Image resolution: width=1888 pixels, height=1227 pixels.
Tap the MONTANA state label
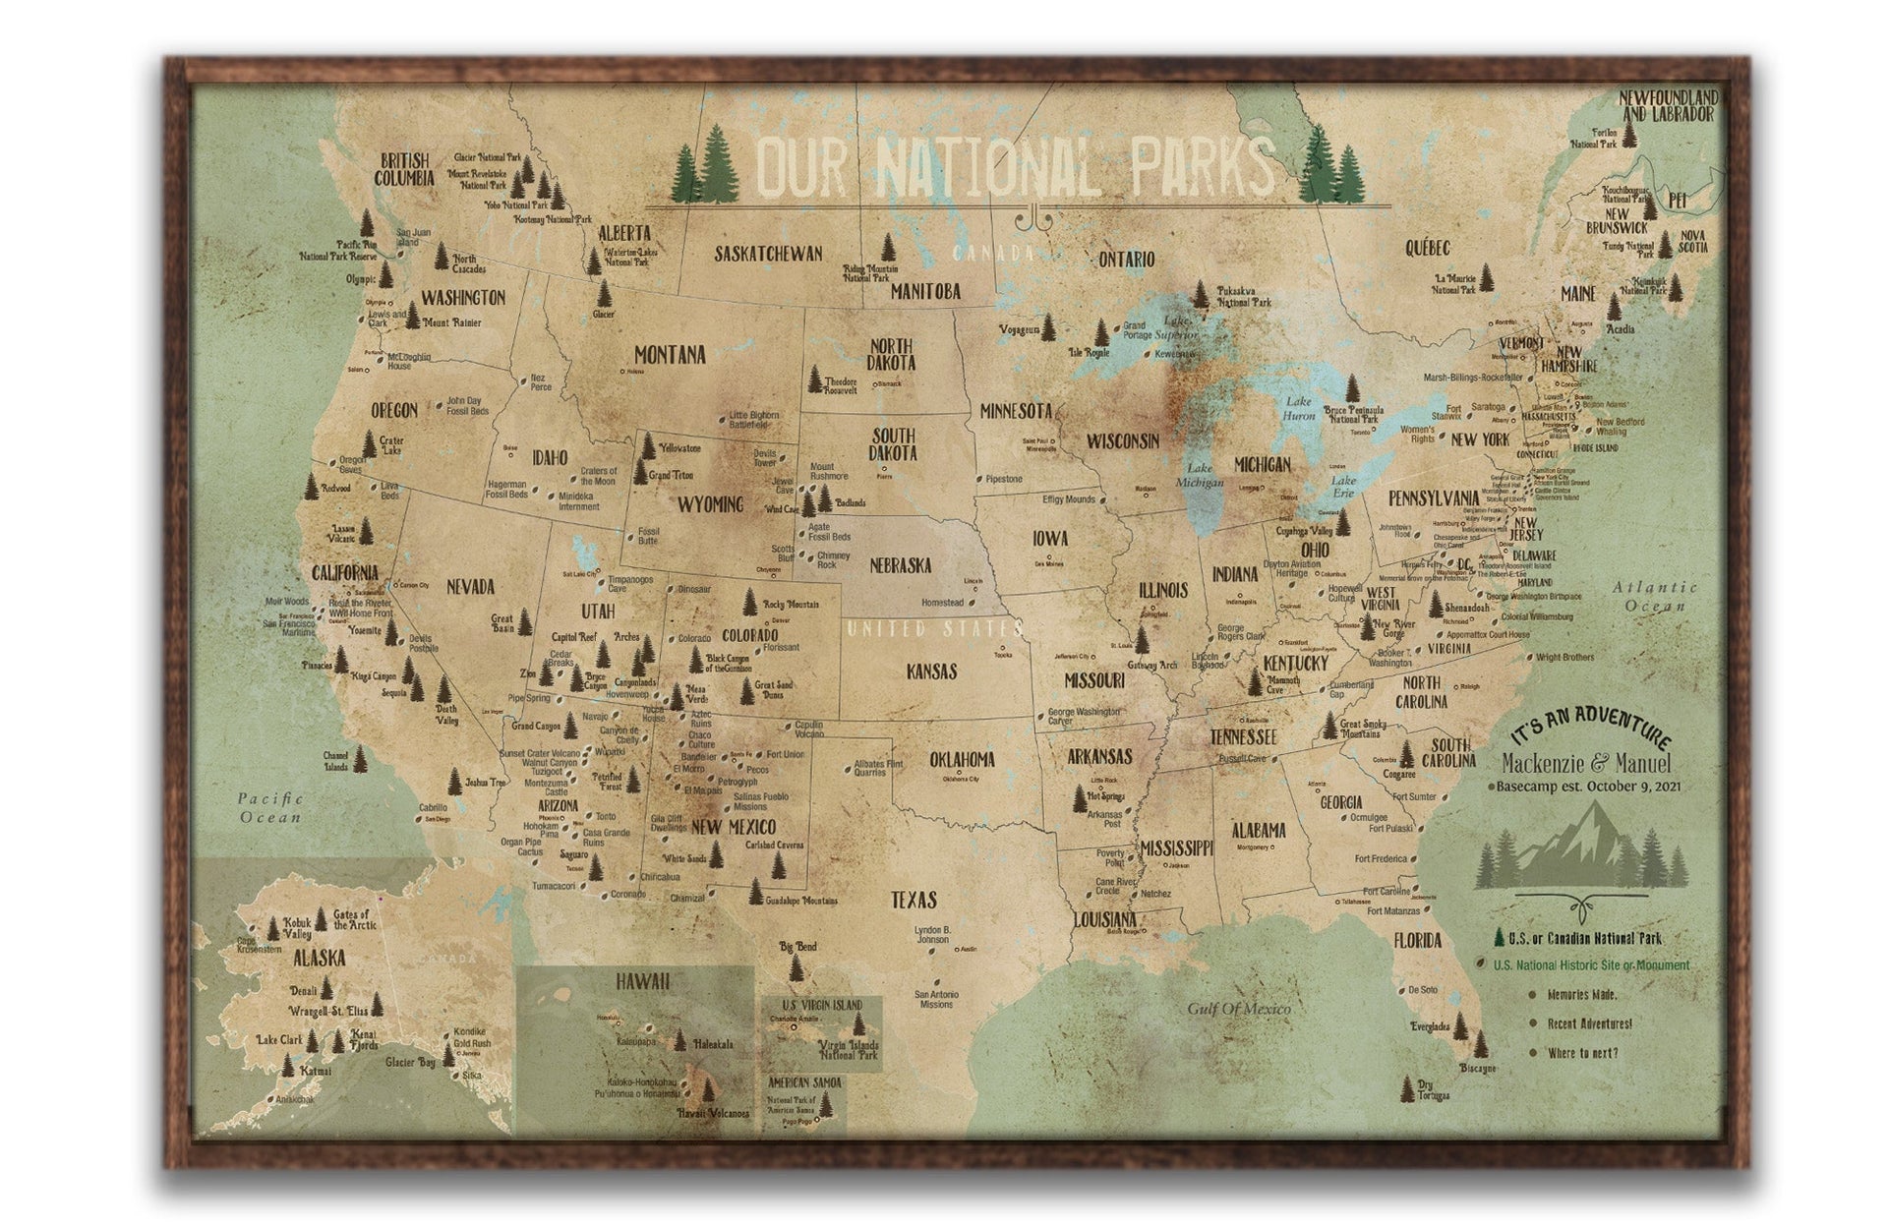[669, 355]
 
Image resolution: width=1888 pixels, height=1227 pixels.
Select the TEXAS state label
[914, 899]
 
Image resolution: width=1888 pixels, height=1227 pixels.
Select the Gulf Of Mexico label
[1238, 1008]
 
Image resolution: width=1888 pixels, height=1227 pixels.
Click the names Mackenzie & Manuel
[1586, 764]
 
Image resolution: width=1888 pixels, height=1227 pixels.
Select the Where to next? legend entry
[1582, 1053]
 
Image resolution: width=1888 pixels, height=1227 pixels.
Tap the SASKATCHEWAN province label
[768, 254]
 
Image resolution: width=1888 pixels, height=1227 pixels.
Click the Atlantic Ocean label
[1654, 596]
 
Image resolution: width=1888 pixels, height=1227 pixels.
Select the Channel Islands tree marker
[360, 759]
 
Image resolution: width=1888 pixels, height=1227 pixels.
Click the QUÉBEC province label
[1427, 248]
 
